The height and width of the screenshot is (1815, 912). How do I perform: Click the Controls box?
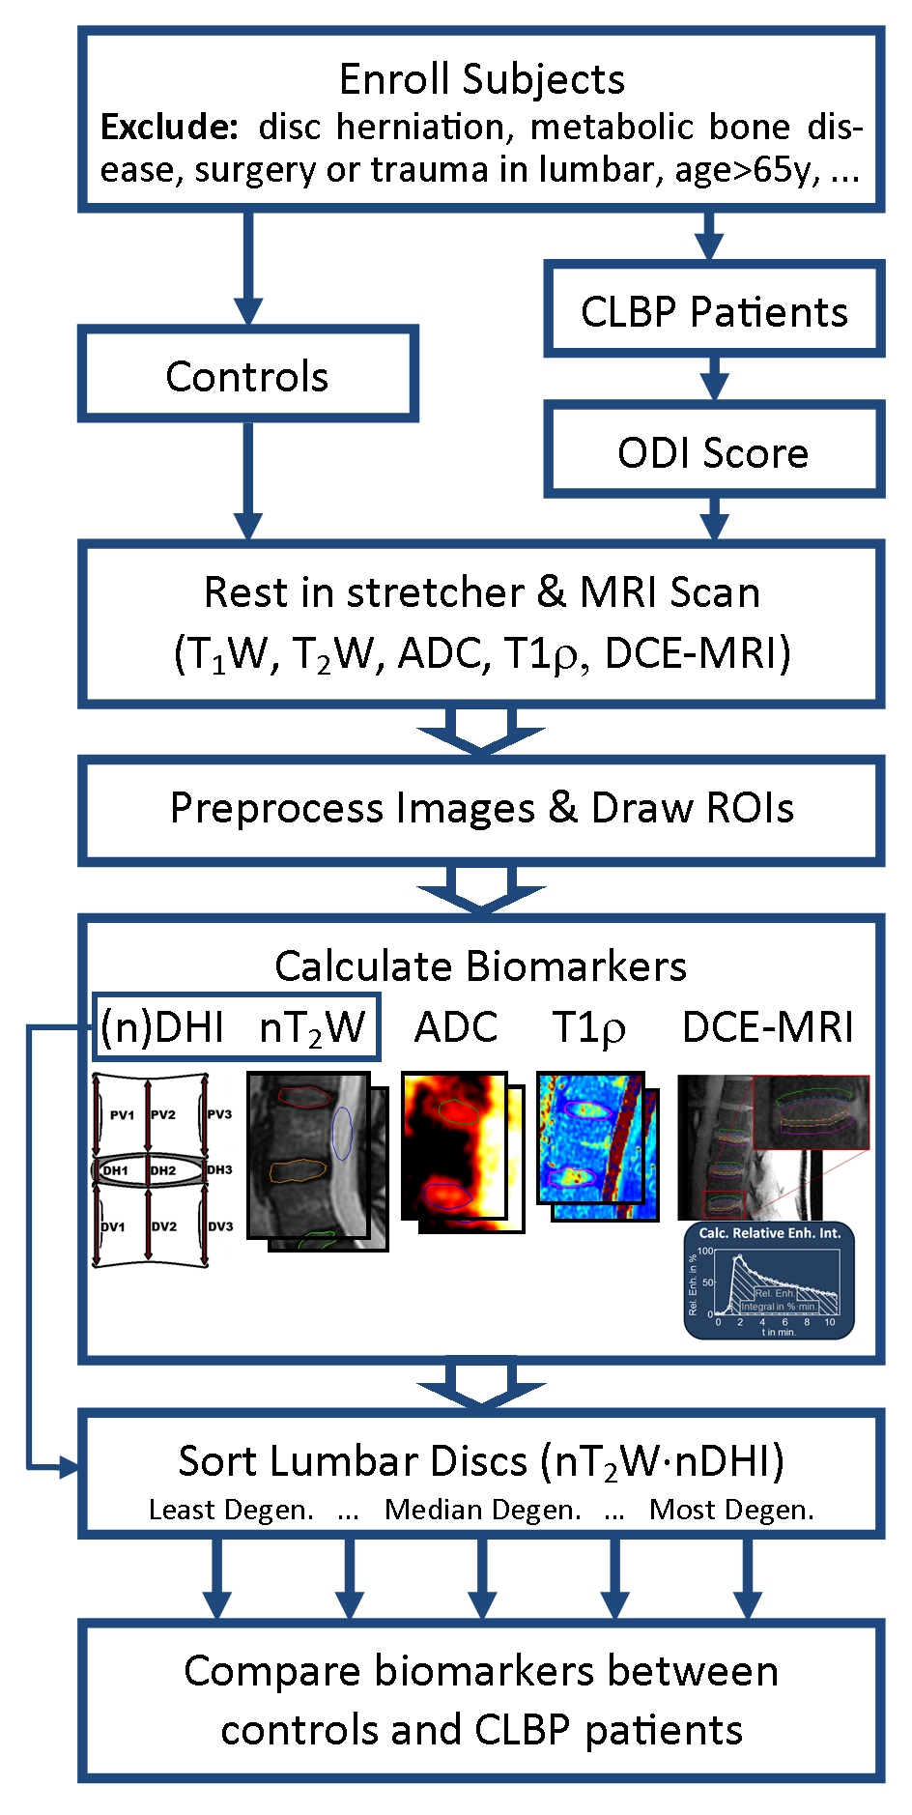(x=247, y=375)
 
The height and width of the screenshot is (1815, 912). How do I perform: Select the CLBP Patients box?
(x=714, y=311)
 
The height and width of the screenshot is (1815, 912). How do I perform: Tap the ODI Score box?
(x=713, y=452)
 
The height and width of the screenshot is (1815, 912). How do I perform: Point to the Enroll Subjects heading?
(x=481, y=79)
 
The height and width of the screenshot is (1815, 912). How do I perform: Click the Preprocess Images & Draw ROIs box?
(x=481, y=808)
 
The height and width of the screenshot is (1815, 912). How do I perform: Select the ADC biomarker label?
(x=456, y=1026)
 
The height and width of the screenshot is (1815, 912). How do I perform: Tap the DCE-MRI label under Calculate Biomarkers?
(x=767, y=1026)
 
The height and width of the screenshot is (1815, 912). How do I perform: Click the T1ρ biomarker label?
(x=588, y=1026)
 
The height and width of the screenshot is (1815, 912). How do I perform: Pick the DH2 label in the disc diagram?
(x=163, y=1170)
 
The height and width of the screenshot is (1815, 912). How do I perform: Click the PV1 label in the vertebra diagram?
(x=122, y=1114)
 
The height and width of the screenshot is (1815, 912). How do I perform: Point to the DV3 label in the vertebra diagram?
(x=220, y=1226)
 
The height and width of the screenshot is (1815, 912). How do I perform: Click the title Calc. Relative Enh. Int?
(x=770, y=1233)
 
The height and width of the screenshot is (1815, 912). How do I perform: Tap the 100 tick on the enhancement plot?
(x=705, y=1252)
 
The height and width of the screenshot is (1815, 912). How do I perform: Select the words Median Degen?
(x=482, y=1510)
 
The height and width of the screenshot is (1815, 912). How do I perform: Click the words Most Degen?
(x=731, y=1510)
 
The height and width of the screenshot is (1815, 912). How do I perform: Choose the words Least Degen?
(x=231, y=1510)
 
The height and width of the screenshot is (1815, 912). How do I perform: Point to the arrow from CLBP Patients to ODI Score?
(x=714, y=378)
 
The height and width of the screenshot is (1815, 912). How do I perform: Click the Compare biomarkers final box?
(x=481, y=1700)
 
